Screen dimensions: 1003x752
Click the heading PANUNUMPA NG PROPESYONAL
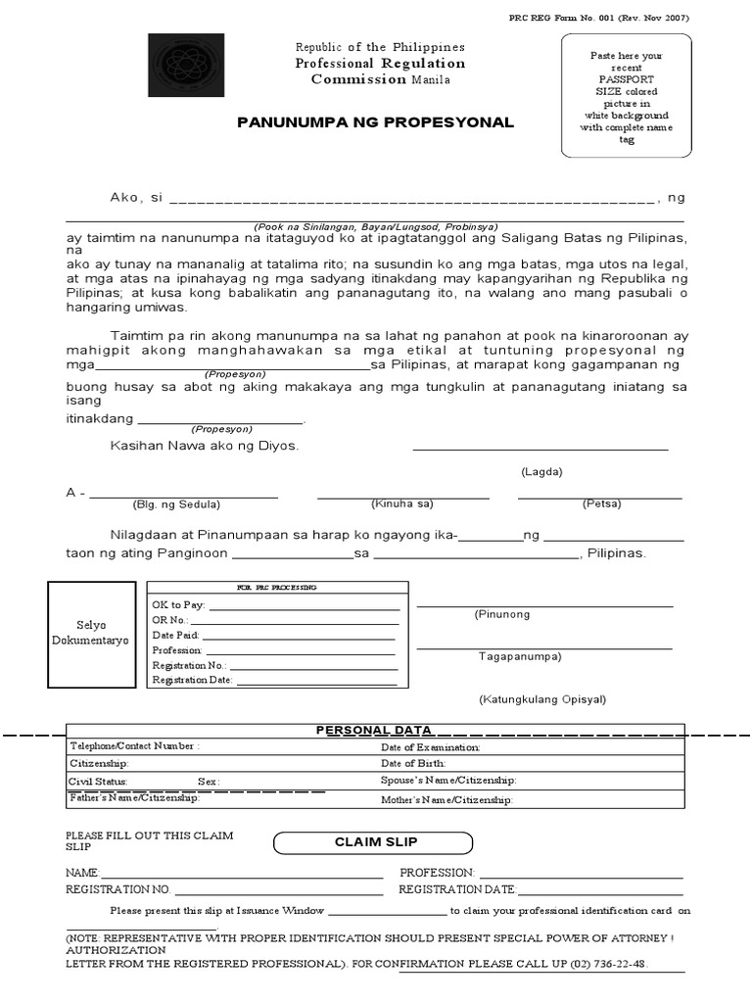pyautogui.click(x=375, y=122)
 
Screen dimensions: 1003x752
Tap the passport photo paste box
pyautogui.click(x=627, y=95)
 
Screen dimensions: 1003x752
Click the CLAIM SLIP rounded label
pyautogui.click(x=371, y=842)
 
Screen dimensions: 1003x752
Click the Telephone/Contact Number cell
pyautogui.click(x=134, y=746)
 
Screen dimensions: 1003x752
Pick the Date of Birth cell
pyautogui.click(x=413, y=763)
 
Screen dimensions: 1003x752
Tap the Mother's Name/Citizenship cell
pyautogui.click(x=446, y=800)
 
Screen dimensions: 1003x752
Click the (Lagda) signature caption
pyautogui.click(x=541, y=471)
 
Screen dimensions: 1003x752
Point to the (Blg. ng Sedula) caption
pyautogui.click(x=176, y=504)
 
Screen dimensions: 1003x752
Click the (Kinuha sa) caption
pyautogui.click(x=401, y=503)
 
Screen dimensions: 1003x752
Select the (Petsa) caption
pyautogui.click(x=600, y=503)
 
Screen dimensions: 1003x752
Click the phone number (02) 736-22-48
pyautogui.click(x=611, y=964)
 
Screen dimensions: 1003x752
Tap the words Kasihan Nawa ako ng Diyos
pyautogui.click(x=204, y=446)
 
